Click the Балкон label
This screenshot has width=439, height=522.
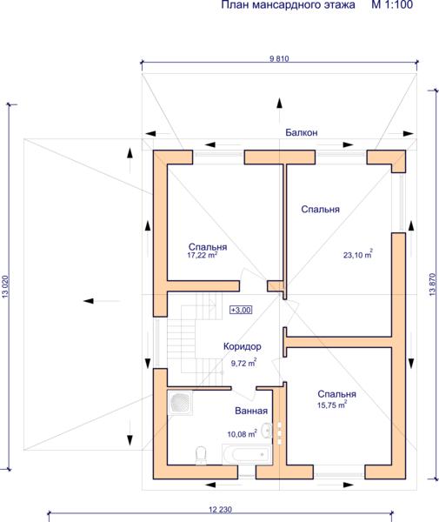click(x=302, y=132)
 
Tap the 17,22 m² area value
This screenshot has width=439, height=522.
click(x=203, y=255)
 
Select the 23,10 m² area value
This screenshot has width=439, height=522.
click(x=358, y=255)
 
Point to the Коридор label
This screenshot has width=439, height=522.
click(x=243, y=346)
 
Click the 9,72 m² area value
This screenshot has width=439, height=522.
click(x=243, y=363)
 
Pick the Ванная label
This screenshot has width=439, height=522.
click(x=251, y=411)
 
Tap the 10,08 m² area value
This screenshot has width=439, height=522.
click(x=242, y=434)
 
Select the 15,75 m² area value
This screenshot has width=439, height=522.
click(x=332, y=405)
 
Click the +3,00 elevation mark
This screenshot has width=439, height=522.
click(x=241, y=310)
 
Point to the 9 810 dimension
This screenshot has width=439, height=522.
click(x=279, y=59)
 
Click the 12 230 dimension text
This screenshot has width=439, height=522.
click(x=221, y=509)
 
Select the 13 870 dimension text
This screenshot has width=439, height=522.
click(x=432, y=284)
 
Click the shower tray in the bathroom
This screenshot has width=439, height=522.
click(x=180, y=403)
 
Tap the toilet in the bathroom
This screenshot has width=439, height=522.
click(x=201, y=456)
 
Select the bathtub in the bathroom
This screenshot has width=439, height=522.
click(x=247, y=454)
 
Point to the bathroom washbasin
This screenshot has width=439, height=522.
click(x=267, y=430)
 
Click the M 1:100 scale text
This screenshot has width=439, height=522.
click(x=392, y=4)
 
